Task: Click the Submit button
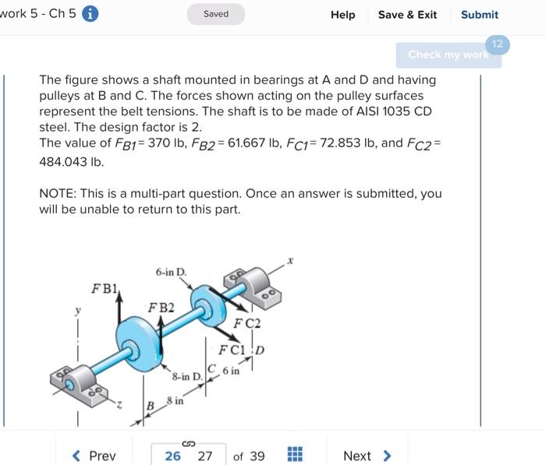479,15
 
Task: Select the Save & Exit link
407,15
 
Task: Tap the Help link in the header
342,15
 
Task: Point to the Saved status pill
216,14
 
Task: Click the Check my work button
448,55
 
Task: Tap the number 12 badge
497,44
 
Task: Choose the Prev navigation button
94,456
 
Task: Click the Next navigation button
367,456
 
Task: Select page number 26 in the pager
172,456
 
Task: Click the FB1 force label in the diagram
104,288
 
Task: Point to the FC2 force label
247,322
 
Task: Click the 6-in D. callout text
171,272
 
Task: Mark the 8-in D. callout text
186,377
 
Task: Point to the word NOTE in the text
58,193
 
